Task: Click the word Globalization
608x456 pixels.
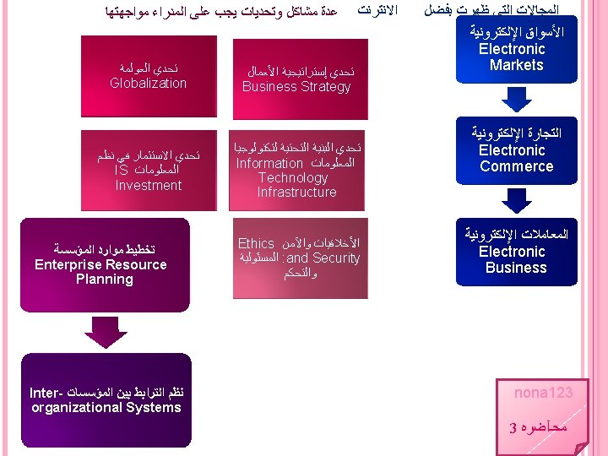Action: (x=148, y=83)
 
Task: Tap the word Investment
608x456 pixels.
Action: (x=148, y=186)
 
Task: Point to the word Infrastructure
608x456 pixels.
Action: (x=296, y=193)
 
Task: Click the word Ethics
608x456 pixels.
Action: (x=257, y=243)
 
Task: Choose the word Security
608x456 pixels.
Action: (x=337, y=258)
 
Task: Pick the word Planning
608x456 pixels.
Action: (x=104, y=280)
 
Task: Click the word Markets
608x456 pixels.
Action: (x=516, y=65)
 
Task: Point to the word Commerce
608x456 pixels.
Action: (x=516, y=166)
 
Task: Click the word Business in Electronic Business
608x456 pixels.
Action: (x=516, y=268)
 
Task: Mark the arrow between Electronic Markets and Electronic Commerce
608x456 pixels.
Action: (x=516, y=100)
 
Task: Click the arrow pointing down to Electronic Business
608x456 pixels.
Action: (x=516, y=201)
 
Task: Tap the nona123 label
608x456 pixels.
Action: (x=544, y=393)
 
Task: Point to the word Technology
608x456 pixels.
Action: (x=293, y=177)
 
